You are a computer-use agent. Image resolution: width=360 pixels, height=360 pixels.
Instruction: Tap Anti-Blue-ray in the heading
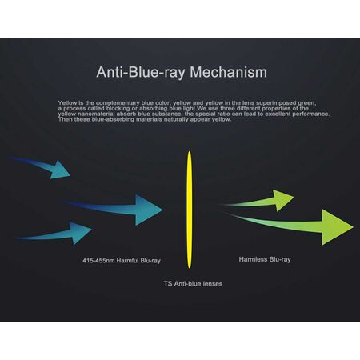tap(137, 73)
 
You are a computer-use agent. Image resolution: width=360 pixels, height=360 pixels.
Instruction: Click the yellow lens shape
tap(191, 209)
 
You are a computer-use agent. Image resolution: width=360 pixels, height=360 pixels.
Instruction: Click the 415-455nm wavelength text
tap(100, 260)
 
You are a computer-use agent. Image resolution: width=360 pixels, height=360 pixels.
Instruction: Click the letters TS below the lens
tap(168, 284)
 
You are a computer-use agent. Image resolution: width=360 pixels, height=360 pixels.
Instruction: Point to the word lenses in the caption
tap(212, 284)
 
